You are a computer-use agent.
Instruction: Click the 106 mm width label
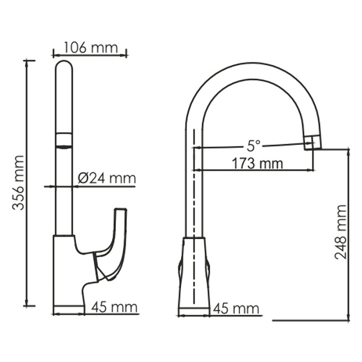click(89, 48)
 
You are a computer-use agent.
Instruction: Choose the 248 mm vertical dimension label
click(340, 232)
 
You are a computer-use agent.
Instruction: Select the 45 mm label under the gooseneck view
click(236, 309)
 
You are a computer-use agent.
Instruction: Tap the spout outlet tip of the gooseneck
click(310, 143)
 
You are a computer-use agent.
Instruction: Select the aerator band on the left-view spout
click(64, 140)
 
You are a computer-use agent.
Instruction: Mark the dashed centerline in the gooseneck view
click(194, 217)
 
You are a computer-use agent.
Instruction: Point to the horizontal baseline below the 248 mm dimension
click(310, 321)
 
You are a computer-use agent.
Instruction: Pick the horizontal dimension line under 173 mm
click(253, 171)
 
